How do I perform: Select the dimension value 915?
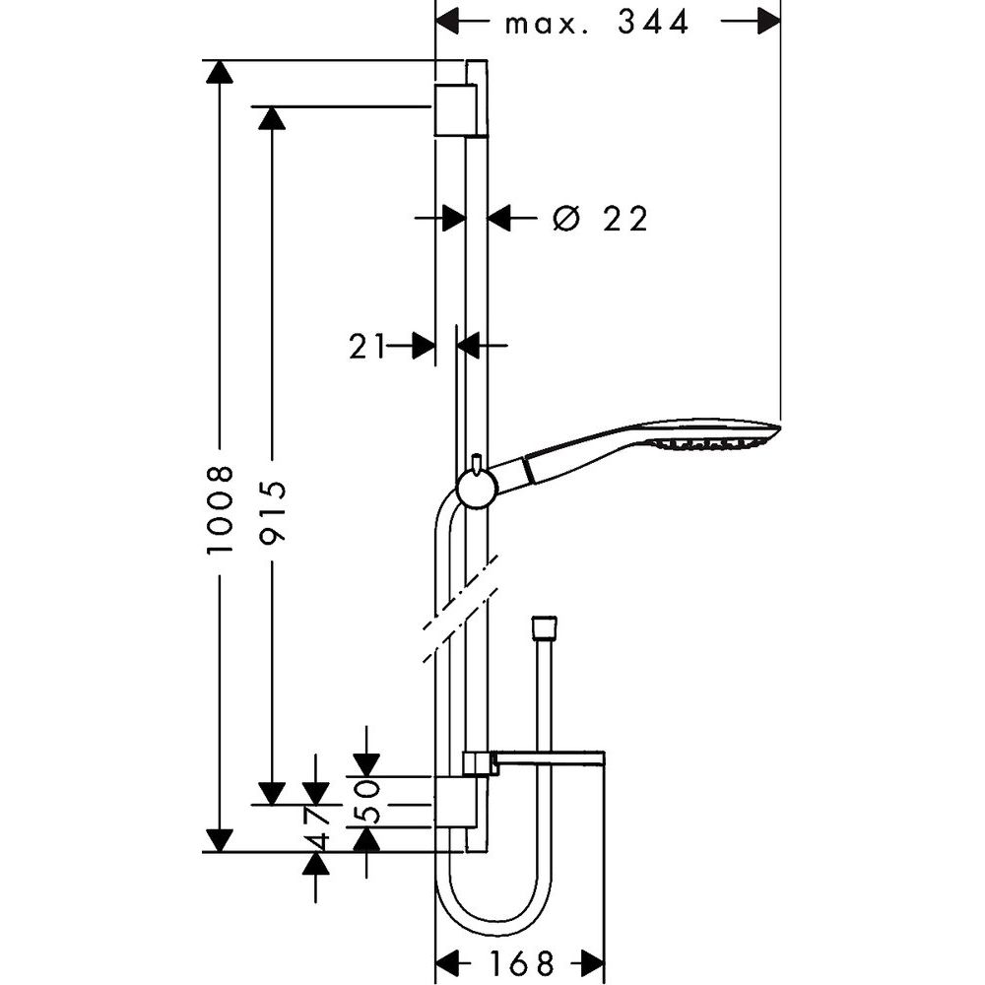272,509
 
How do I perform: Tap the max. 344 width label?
597,22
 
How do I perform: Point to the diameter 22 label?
600,218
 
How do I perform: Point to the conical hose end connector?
543,628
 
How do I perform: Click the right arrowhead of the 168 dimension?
592,962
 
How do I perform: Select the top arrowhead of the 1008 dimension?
219,72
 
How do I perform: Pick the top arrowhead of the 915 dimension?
272,117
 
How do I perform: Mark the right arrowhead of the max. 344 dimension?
767,22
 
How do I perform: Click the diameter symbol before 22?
564,218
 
